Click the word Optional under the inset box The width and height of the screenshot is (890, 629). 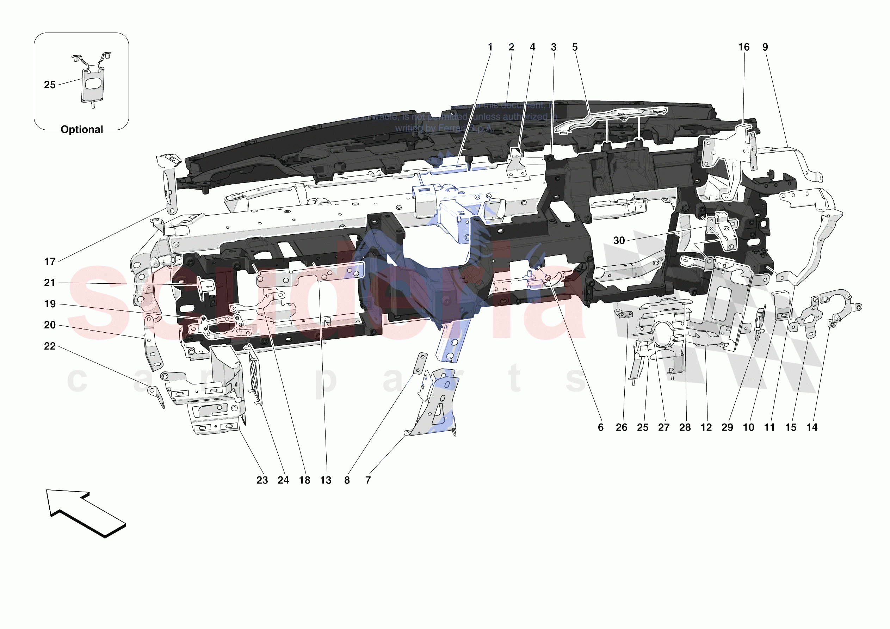pyautogui.click(x=82, y=130)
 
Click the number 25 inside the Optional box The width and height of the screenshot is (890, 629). pyautogui.click(x=50, y=85)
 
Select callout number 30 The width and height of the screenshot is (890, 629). pyautogui.click(x=619, y=240)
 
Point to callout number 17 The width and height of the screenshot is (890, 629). pyautogui.click(x=50, y=262)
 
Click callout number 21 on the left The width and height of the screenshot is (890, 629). pyautogui.click(x=50, y=283)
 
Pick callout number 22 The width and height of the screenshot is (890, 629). pyautogui.click(x=50, y=346)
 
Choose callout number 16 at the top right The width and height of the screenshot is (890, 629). pyautogui.click(x=743, y=47)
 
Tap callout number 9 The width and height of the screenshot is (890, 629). pyautogui.click(x=765, y=47)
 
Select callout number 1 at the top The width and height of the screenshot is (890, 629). pyautogui.click(x=490, y=47)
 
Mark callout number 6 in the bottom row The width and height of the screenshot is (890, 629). pyautogui.click(x=600, y=427)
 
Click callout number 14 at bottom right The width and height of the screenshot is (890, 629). pyautogui.click(x=812, y=427)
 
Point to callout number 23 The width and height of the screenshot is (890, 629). pyautogui.click(x=262, y=480)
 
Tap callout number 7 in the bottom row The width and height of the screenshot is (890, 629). pyautogui.click(x=368, y=480)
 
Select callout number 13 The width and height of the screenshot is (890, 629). pyautogui.click(x=326, y=480)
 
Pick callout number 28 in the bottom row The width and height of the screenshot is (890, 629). pyautogui.click(x=685, y=427)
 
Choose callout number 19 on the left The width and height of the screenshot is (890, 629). pyautogui.click(x=50, y=304)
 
